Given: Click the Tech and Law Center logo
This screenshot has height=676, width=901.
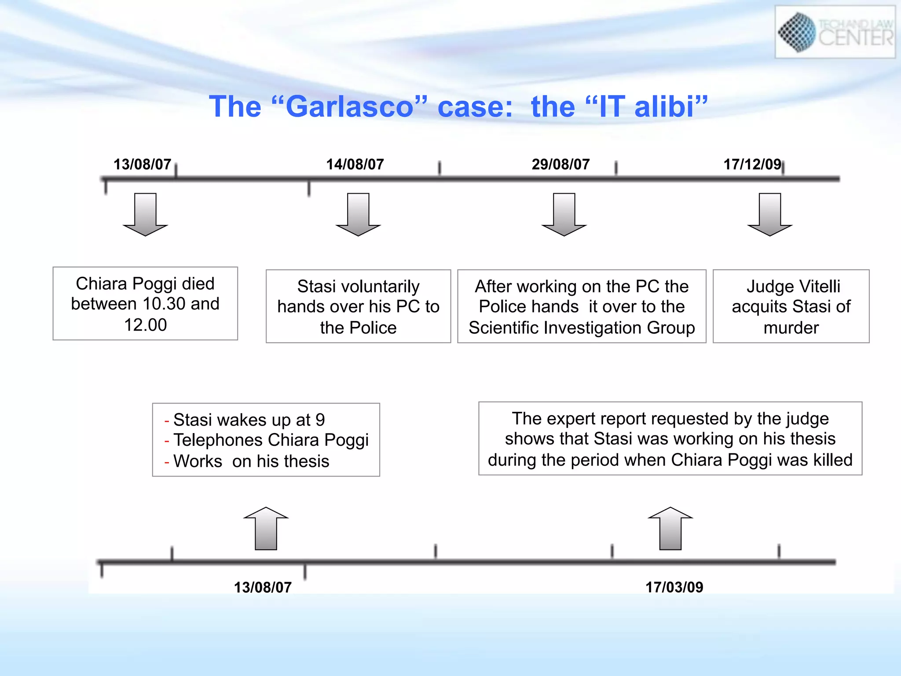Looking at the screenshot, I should click(x=835, y=32).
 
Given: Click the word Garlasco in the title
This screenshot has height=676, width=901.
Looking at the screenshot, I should click(x=349, y=107).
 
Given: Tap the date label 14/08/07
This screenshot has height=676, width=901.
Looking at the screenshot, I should click(x=355, y=165).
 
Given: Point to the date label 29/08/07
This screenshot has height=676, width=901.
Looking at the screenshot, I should click(x=560, y=165).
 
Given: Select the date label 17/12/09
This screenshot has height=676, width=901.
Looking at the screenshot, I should click(x=752, y=165).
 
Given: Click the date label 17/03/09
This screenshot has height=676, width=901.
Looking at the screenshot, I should click(x=674, y=587).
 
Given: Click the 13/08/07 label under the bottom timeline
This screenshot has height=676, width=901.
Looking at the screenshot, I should click(x=263, y=587).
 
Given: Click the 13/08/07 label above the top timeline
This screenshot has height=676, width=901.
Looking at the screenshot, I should click(x=142, y=165).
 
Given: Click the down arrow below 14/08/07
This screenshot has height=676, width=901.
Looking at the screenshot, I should click(x=358, y=214).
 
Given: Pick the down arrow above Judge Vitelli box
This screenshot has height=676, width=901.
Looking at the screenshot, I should click(x=769, y=214).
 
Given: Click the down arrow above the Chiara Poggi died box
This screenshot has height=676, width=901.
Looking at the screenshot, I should click(x=145, y=214).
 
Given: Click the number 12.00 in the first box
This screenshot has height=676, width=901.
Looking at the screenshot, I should click(x=145, y=325).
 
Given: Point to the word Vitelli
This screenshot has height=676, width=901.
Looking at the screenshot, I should click(x=817, y=287).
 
